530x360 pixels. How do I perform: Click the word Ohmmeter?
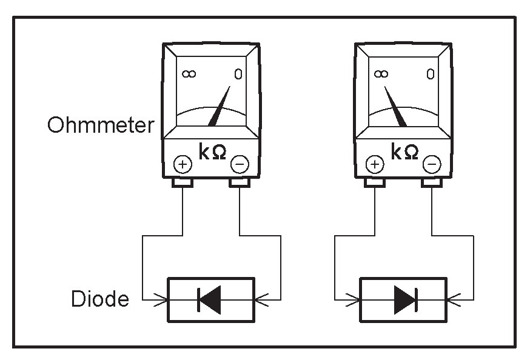pyautogui.click(x=100, y=125)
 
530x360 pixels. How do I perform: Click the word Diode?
pyautogui.click(x=100, y=299)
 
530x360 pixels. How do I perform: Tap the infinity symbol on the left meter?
pyautogui.click(x=189, y=74)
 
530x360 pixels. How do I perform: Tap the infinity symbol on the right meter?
pyautogui.click(x=381, y=73)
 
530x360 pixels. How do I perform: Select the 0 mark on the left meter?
pyautogui.click(x=238, y=74)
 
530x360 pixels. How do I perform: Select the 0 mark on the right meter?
pyautogui.click(x=430, y=74)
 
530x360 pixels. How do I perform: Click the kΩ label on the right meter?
pyautogui.click(x=404, y=152)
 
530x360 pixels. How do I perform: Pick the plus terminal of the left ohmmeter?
pyautogui.click(x=183, y=164)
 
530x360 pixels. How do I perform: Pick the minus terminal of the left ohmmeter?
pyautogui.click(x=240, y=164)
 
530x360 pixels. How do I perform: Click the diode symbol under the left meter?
pyautogui.click(x=210, y=299)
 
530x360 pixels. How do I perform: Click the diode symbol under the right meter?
pyautogui.click(x=404, y=299)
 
